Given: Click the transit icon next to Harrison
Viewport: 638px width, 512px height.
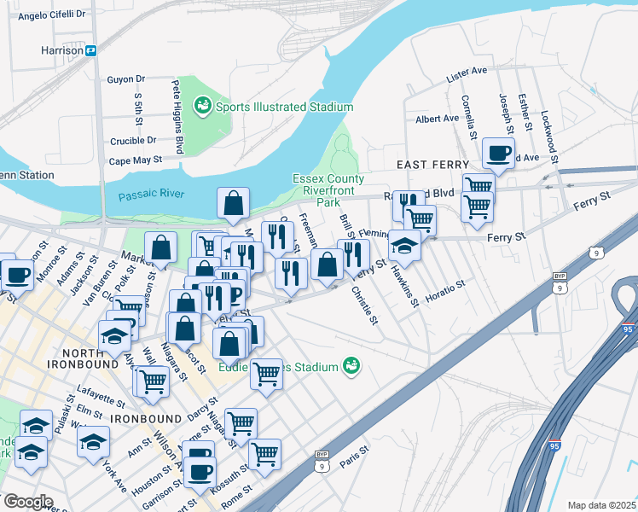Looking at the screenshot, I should [x=90, y=50].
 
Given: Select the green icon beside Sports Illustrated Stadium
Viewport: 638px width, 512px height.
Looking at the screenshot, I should [x=203, y=106].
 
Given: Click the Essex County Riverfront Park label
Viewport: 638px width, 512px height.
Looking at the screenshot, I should [x=328, y=190].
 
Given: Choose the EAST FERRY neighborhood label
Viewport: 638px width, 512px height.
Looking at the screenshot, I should [x=432, y=164].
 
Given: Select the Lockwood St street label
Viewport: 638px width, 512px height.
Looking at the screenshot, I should [x=549, y=136].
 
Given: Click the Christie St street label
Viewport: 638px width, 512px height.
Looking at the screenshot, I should [x=364, y=305].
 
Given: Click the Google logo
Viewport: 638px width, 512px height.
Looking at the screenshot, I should [x=27, y=502].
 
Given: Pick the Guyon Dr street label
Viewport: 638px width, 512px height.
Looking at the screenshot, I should [x=127, y=79].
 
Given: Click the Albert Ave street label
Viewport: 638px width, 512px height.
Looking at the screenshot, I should [x=438, y=119].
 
